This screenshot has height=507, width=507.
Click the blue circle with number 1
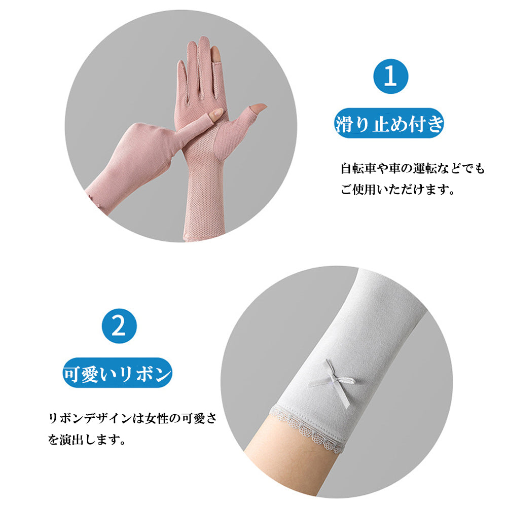tap(390, 77)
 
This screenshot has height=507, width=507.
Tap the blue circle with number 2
tap(119, 326)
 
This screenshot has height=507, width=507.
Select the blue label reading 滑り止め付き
tap(389, 123)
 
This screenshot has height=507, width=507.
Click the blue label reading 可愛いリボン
tap(118, 373)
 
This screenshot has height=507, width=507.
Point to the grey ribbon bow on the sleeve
tap(333, 382)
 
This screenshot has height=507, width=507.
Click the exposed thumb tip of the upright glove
tap(259, 107)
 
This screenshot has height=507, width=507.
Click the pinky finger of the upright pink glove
tap(183, 81)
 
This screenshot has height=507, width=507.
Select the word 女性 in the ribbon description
tap(157, 418)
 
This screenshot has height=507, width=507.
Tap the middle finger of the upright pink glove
tap(204, 65)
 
